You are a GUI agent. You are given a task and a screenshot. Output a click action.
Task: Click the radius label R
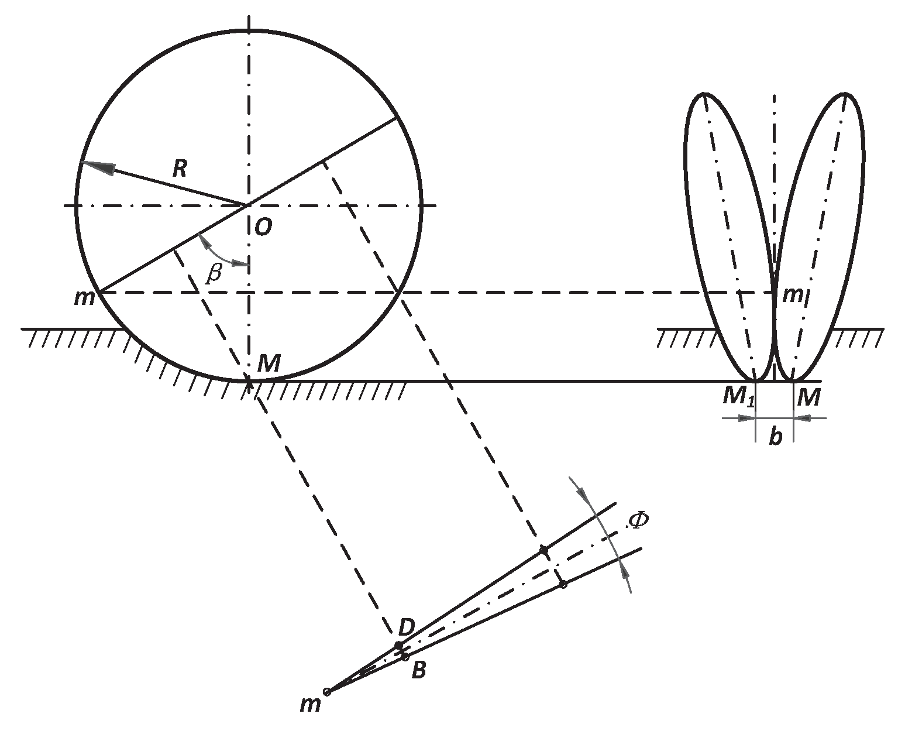179,169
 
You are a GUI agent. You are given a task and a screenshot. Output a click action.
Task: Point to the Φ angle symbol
638,520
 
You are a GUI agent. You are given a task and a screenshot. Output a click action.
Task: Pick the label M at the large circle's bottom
269,365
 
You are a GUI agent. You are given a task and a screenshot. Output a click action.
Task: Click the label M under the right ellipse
808,398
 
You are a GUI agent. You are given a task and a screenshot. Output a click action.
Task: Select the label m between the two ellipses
793,295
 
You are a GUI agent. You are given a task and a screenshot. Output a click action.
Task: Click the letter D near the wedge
406,627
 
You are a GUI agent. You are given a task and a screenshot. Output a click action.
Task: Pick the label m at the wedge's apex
310,705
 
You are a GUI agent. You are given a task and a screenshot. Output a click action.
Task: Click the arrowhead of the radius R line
94,166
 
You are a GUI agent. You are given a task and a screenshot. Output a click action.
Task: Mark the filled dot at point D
398,646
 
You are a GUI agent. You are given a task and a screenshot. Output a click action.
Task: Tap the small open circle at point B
405,657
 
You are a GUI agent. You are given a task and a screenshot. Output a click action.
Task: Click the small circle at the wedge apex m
327,692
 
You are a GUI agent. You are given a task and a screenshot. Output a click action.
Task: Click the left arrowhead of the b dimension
745,418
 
